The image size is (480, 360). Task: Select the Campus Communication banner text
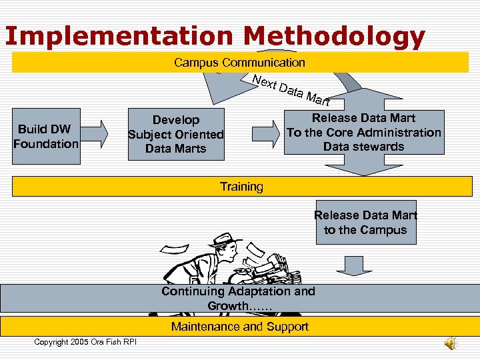click(x=239, y=63)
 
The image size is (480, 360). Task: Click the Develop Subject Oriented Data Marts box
click(x=176, y=134)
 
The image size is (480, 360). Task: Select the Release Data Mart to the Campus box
click(x=365, y=222)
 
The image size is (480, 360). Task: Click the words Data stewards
click(x=363, y=147)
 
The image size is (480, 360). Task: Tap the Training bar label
click(x=241, y=187)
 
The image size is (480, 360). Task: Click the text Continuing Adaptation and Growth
click(x=239, y=298)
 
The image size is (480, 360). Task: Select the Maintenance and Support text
click(x=239, y=327)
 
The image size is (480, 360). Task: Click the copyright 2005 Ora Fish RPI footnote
click(x=85, y=342)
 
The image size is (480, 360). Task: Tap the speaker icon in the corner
click(x=451, y=342)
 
